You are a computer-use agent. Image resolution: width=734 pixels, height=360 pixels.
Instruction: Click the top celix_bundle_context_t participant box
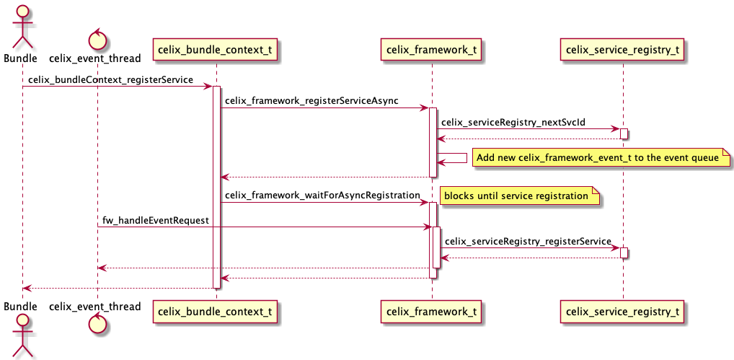point(216,50)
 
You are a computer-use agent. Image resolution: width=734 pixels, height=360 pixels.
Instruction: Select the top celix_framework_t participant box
point(432,50)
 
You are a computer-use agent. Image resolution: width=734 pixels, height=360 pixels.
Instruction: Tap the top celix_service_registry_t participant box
point(623,50)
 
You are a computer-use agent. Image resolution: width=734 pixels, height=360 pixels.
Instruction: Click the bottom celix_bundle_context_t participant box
point(216,312)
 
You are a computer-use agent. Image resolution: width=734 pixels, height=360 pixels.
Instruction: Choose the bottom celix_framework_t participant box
point(432,312)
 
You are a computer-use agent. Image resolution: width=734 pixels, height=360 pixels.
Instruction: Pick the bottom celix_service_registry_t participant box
point(623,312)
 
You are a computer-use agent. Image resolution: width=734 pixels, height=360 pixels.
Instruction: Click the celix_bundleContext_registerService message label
point(111,79)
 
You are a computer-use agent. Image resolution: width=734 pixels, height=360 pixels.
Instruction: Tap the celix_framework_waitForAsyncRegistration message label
point(322,195)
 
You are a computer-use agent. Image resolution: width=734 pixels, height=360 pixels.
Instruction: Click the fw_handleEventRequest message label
point(156,219)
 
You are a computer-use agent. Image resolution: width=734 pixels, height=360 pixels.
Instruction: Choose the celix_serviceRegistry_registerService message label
point(528,241)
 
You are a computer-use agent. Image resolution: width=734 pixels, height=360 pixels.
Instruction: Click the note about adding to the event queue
point(601,157)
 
